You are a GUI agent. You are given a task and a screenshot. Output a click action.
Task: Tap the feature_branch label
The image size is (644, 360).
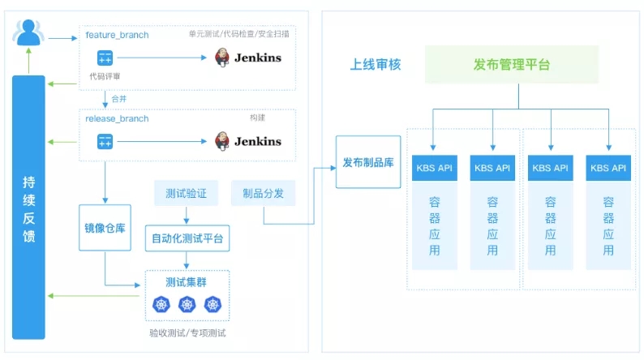click(x=117, y=35)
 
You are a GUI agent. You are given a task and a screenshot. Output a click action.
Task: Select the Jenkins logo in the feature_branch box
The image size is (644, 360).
click(x=248, y=58)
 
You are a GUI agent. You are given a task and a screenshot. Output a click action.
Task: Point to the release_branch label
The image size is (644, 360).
click(x=117, y=118)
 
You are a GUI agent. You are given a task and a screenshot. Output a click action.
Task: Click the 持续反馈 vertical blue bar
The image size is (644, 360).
click(x=29, y=207)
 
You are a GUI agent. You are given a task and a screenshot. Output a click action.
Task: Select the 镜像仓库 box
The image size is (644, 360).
click(x=105, y=228)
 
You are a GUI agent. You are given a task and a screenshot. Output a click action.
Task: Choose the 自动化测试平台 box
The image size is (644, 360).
click(x=187, y=238)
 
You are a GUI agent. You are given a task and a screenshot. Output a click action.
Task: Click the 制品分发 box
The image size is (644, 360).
click(x=263, y=194)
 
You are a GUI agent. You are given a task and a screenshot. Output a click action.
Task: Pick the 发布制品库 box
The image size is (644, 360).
click(x=368, y=162)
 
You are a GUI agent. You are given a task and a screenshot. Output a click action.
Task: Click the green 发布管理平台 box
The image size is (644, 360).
click(x=511, y=65)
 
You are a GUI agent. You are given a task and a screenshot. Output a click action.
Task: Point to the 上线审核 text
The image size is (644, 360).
click(x=376, y=65)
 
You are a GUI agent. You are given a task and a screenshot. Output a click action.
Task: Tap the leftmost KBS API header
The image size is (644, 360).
click(x=434, y=168)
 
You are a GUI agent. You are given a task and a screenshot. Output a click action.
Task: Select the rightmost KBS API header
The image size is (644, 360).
click(x=608, y=168)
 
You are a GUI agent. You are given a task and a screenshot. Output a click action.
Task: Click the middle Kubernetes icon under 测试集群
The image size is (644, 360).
click(x=187, y=305)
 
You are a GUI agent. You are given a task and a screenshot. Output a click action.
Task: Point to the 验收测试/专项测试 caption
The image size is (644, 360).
click(x=187, y=333)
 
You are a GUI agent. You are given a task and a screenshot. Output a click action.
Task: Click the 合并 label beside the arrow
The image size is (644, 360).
click(x=118, y=99)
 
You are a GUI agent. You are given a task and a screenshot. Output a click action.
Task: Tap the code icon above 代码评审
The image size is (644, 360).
click(x=105, y=58)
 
